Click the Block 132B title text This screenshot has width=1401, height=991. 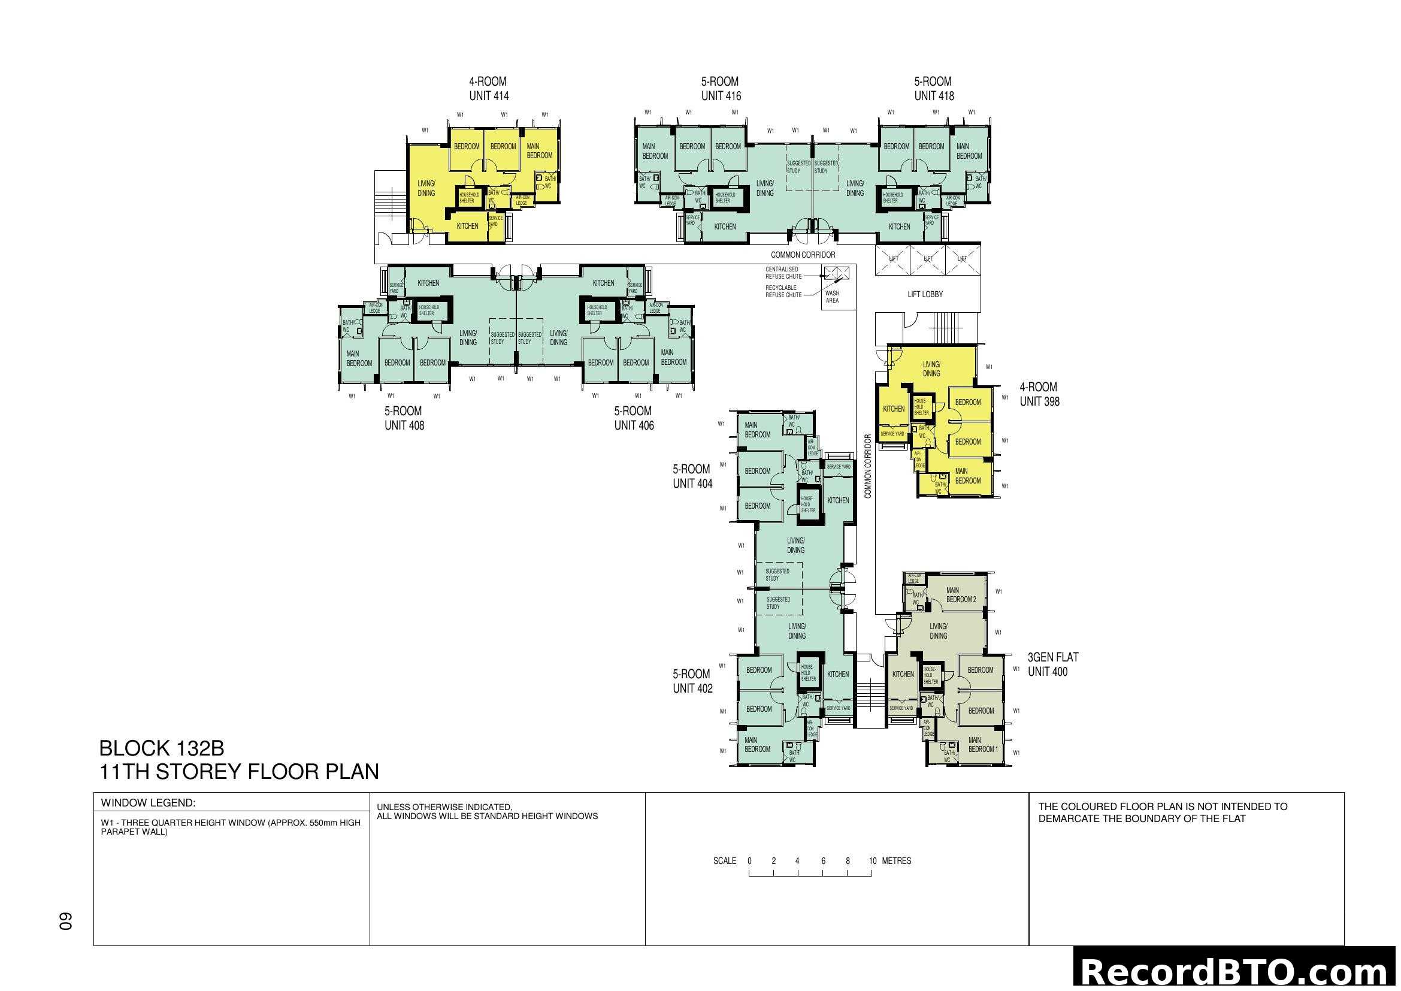162,748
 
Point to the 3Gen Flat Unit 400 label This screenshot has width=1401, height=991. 1052,664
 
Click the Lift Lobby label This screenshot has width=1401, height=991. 925,295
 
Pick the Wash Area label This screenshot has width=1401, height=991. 833,297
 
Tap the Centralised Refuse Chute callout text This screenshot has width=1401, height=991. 783,273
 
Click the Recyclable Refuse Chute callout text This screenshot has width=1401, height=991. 783,291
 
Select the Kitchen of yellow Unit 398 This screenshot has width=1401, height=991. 893,409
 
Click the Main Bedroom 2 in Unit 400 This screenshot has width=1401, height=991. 960,595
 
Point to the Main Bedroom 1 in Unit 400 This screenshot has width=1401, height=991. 983,745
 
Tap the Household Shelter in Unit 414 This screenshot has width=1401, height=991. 468,198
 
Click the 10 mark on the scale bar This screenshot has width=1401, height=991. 872,861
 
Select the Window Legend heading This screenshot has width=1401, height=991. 149,803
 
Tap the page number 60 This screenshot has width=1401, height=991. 66,921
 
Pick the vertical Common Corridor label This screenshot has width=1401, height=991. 868,466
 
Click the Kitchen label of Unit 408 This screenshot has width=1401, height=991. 428,283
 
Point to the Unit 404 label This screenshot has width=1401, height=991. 692,476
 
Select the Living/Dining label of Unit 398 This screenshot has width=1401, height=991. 931,369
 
